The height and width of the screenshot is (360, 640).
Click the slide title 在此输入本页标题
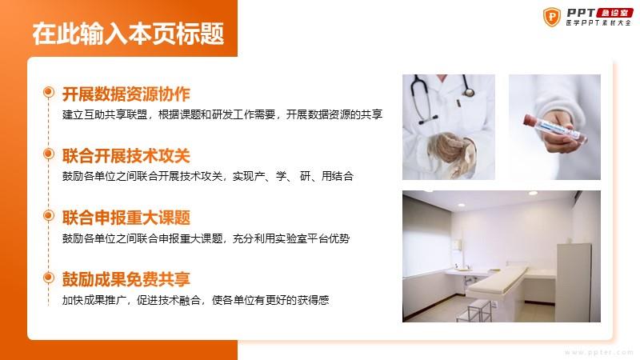coord(128,34)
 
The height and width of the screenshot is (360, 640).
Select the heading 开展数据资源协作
coord(126,94)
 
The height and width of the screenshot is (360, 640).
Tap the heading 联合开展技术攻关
coord(126,156)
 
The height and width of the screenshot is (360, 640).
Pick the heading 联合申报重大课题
coord(126,218)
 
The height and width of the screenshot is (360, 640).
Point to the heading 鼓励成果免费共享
coord(126,279)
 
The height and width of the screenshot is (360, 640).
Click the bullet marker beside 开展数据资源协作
coord(49,92)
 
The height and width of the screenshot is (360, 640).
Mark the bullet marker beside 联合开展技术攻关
coord(49,154)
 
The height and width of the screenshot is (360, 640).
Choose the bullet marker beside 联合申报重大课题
coord(49,215)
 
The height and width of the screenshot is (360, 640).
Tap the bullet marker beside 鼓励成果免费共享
coord(49,278)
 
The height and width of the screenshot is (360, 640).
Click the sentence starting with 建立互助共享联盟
coord(222,114)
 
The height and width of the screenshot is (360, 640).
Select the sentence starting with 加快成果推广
coord(195,301)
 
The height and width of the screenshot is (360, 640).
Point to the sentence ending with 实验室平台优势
coord(206,238)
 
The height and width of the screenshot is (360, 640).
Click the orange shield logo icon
coord(552,17)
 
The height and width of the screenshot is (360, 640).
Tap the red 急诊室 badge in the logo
coord(614,13)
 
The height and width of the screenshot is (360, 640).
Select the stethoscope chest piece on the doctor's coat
coord(469,92)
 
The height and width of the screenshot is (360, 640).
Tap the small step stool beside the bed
coord(474,310)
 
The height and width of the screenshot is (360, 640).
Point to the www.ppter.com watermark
coord(598,352)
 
